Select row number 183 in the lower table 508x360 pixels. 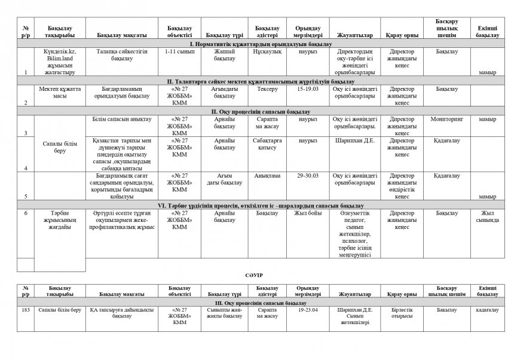(x=25, y=310)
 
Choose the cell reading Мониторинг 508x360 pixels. (x=448, y=118)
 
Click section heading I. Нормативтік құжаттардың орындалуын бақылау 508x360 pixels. (x=256, y=45)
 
